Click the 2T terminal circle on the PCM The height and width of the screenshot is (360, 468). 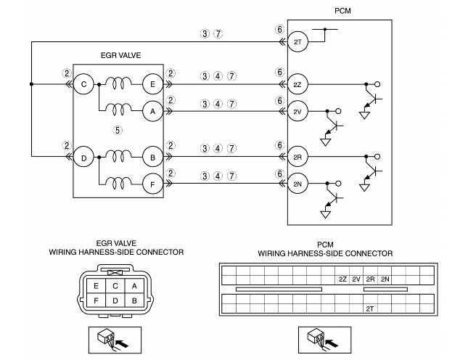(297, 42)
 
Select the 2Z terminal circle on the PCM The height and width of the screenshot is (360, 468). (297, 84)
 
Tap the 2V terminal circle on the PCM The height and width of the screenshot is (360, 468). (297, 111)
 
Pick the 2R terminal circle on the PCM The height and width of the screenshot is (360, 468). (297, 157)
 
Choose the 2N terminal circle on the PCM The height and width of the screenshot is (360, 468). (297, 184)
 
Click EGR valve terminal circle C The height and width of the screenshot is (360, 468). (83, 84)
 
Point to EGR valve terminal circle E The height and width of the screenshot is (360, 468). (153, 84)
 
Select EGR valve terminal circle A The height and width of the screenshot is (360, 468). (153, 111)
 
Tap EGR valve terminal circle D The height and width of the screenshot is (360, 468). (83, 157)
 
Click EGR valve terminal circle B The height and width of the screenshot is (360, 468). (153, 157)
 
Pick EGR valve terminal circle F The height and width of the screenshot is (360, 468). (153, 184)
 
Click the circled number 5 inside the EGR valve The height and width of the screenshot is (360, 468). (118, 131)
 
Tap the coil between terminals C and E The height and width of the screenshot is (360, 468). (118, 83)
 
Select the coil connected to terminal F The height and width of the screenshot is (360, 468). (118, 182)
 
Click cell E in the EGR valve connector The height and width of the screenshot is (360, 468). (96, 286)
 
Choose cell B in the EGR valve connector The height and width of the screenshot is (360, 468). (134, 300)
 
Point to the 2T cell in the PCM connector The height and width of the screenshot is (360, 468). (370, 309)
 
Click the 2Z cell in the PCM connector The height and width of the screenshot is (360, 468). (342, 279)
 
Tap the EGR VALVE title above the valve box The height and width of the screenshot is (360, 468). (121, 55)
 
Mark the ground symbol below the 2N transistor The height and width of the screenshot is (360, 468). (325, 214)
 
